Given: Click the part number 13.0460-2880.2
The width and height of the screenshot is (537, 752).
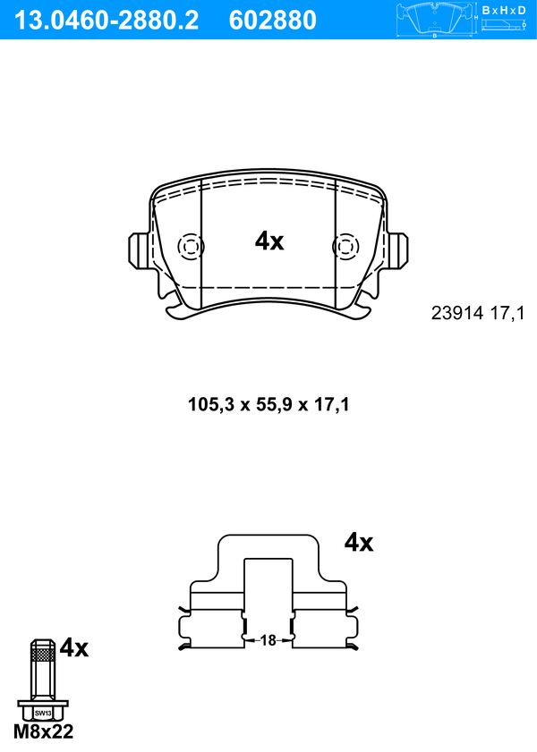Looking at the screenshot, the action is [107, 21].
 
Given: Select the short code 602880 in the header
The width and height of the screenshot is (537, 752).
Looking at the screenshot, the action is [273, 21].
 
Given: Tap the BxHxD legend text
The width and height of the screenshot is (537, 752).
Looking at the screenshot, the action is [504, 10].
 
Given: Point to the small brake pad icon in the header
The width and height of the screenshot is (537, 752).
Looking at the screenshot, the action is [435, 19].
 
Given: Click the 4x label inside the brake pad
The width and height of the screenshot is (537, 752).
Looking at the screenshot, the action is [269, 241].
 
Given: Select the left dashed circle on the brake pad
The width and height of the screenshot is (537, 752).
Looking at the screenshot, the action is [191, 247].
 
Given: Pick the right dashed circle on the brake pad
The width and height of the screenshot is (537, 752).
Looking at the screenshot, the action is [345, 247].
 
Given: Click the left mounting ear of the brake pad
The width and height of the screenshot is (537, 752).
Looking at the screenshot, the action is [138, 250].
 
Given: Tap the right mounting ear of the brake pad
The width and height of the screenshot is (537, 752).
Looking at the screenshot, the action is [398, 250].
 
